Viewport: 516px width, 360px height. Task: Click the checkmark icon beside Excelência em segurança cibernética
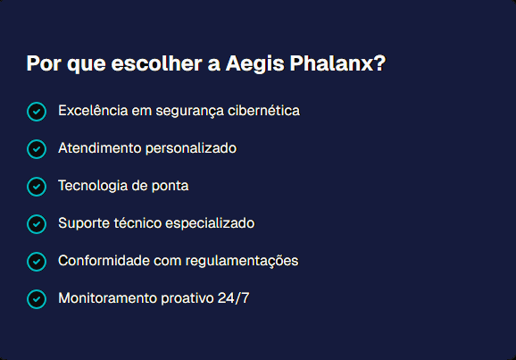point(37,112)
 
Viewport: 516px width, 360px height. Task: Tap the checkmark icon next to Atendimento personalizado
point(37,149)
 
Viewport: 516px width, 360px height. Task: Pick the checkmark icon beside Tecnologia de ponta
point(37,187)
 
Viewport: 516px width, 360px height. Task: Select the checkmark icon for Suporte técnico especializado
point(37,223)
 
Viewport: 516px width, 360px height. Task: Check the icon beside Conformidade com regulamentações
point(37,261)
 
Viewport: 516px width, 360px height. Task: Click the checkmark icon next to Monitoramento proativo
point(37,298)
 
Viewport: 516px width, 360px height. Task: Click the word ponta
point(171,186)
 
